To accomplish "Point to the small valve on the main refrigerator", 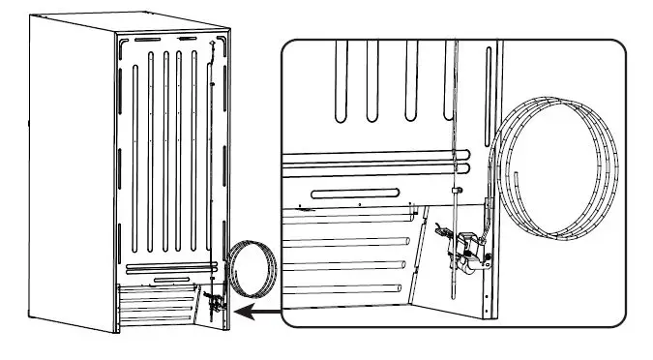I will click(x=215, y=303).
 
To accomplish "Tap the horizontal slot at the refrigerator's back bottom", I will click(x=170, y=279).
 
